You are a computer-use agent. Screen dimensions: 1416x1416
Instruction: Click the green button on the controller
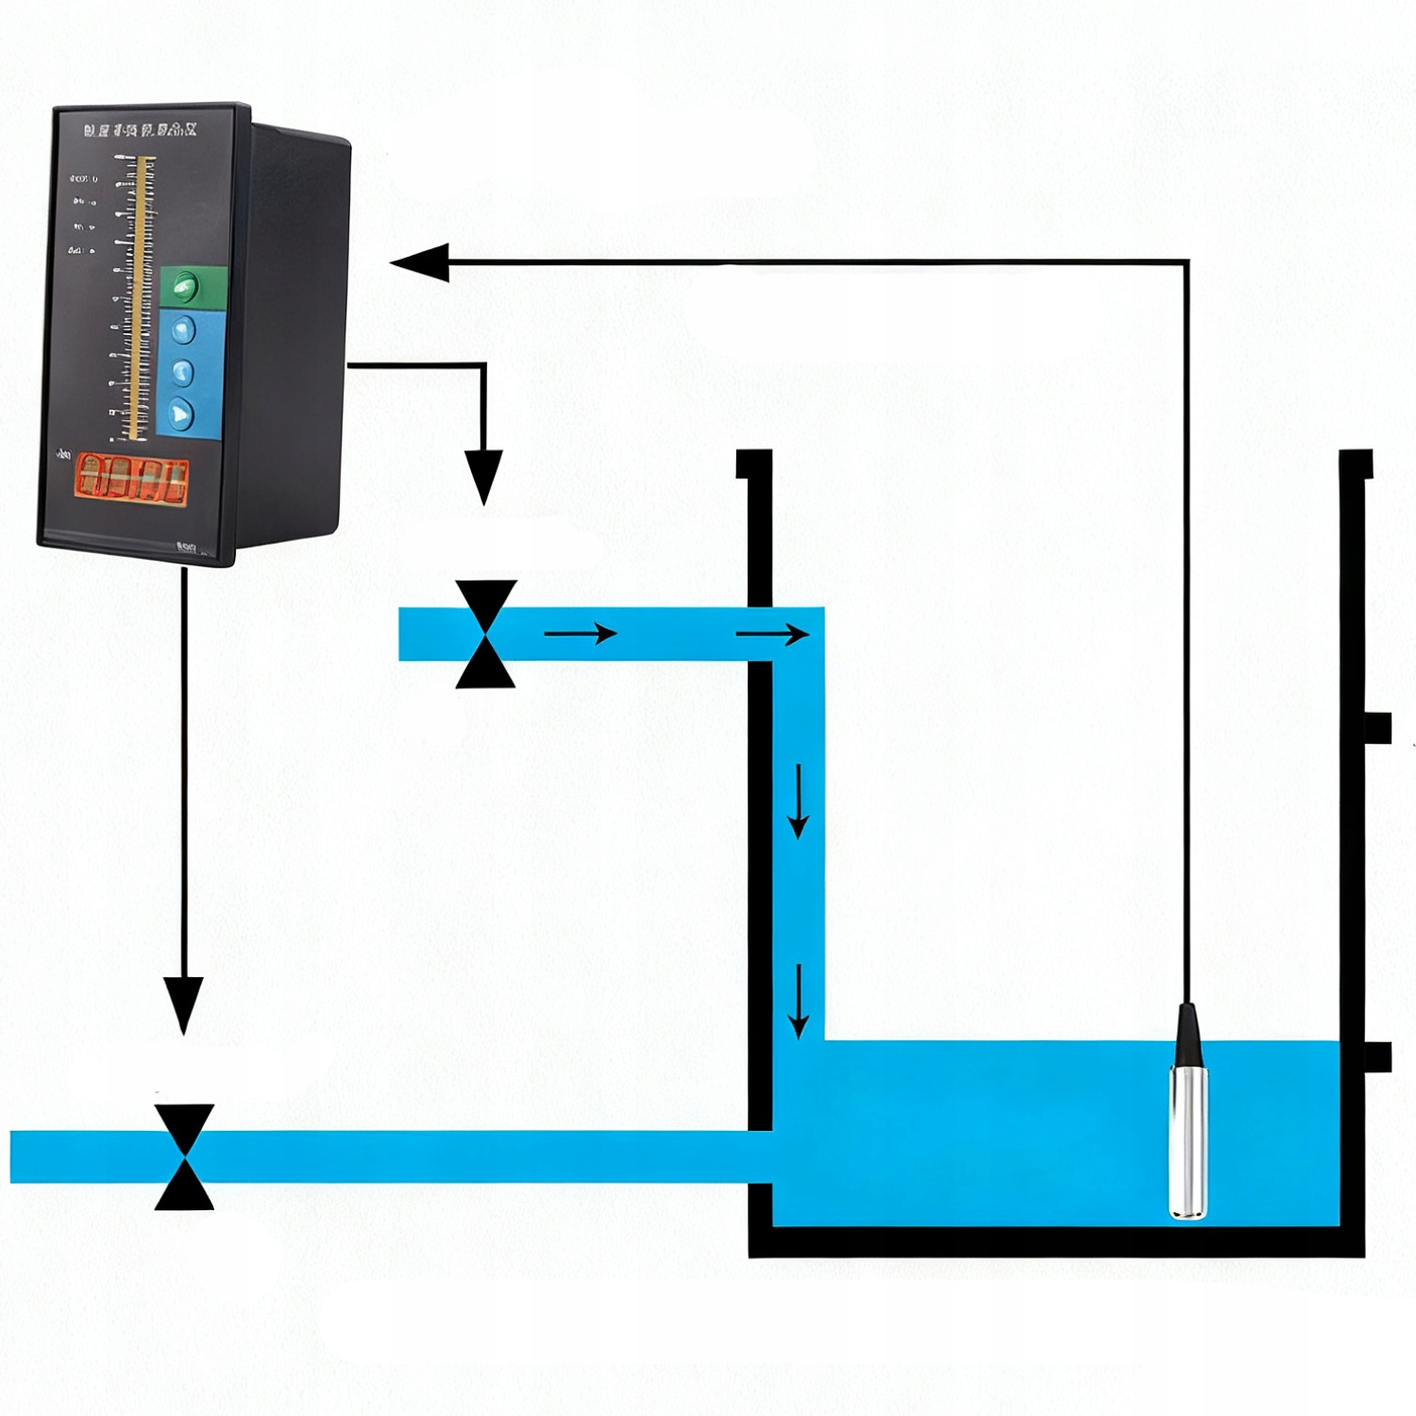coord(186,284)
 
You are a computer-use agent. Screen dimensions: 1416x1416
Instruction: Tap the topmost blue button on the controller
coord(181,329)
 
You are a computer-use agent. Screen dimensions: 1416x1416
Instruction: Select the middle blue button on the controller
coord(181,372)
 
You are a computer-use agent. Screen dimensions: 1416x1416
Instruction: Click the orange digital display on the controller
coord(131,478)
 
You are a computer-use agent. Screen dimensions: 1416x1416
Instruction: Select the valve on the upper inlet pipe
coord(485,633)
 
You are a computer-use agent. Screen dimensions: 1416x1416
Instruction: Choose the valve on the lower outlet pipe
coord(184,1156)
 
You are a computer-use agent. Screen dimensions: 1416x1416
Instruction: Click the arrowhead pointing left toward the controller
coord(419,261)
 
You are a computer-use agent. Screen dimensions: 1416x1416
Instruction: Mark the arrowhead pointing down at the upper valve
coord(483,477)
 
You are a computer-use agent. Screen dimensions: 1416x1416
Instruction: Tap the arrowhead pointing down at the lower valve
coord(183,1003)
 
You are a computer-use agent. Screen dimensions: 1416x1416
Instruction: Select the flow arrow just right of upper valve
coord(581,632)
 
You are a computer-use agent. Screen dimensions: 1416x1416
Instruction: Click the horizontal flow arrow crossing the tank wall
coord(772,633)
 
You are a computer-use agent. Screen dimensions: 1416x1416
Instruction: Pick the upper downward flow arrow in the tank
coord(799,801)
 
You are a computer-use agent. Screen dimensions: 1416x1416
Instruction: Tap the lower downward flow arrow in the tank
coord(799,1001)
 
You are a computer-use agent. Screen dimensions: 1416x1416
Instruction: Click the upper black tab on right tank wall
coord(1377,728)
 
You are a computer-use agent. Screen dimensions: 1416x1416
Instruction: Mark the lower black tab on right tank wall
coord(1377,1056)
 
